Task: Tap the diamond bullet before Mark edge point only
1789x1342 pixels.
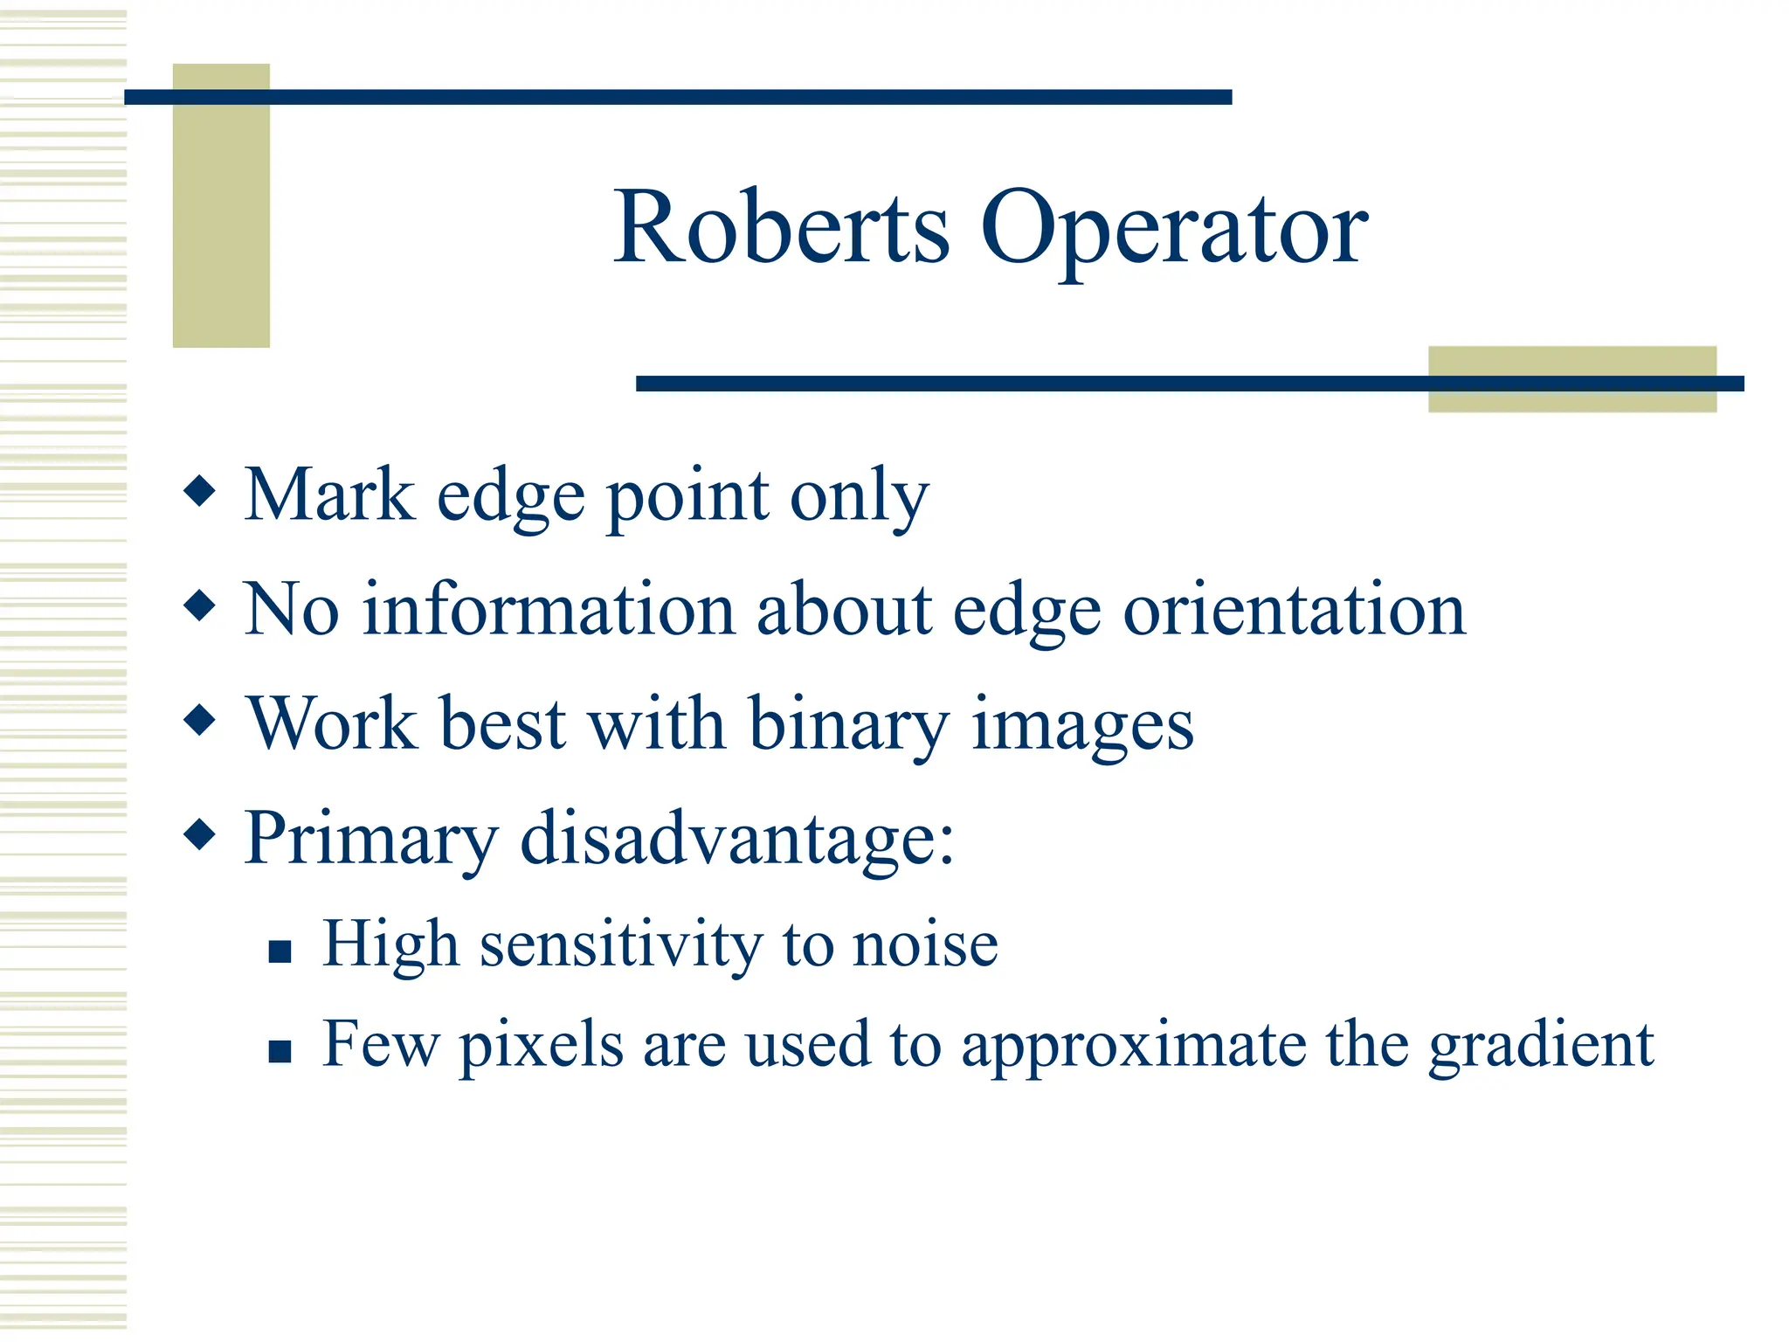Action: pyautogui.click(x=200, y=491)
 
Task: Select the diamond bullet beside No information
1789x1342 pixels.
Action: pyautogui.click(x=200, y=605)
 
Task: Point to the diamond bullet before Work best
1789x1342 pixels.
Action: pyautogui.click(x=200, y=721)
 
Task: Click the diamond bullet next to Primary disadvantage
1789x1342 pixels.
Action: pyautogui.click(x=200, y=834)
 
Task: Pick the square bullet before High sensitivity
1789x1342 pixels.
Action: pyautogui.click(x=280, y=951)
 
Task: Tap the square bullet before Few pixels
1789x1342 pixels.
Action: pyautogui.click(x=280, y=1050)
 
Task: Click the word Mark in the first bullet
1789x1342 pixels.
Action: pyautogui.click(x=329, y=495)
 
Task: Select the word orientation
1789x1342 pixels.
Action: pyautogui.click(x=1294, y=609)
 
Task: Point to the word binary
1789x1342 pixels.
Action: pyautogui.click(x=848, y=725)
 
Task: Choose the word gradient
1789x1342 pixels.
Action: pyautogui.click(x=1541, y=1046)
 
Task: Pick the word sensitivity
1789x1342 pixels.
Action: pyautogui.click(x=621, y=945)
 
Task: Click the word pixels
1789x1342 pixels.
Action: pyautogui.click(x=541, y=1046)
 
